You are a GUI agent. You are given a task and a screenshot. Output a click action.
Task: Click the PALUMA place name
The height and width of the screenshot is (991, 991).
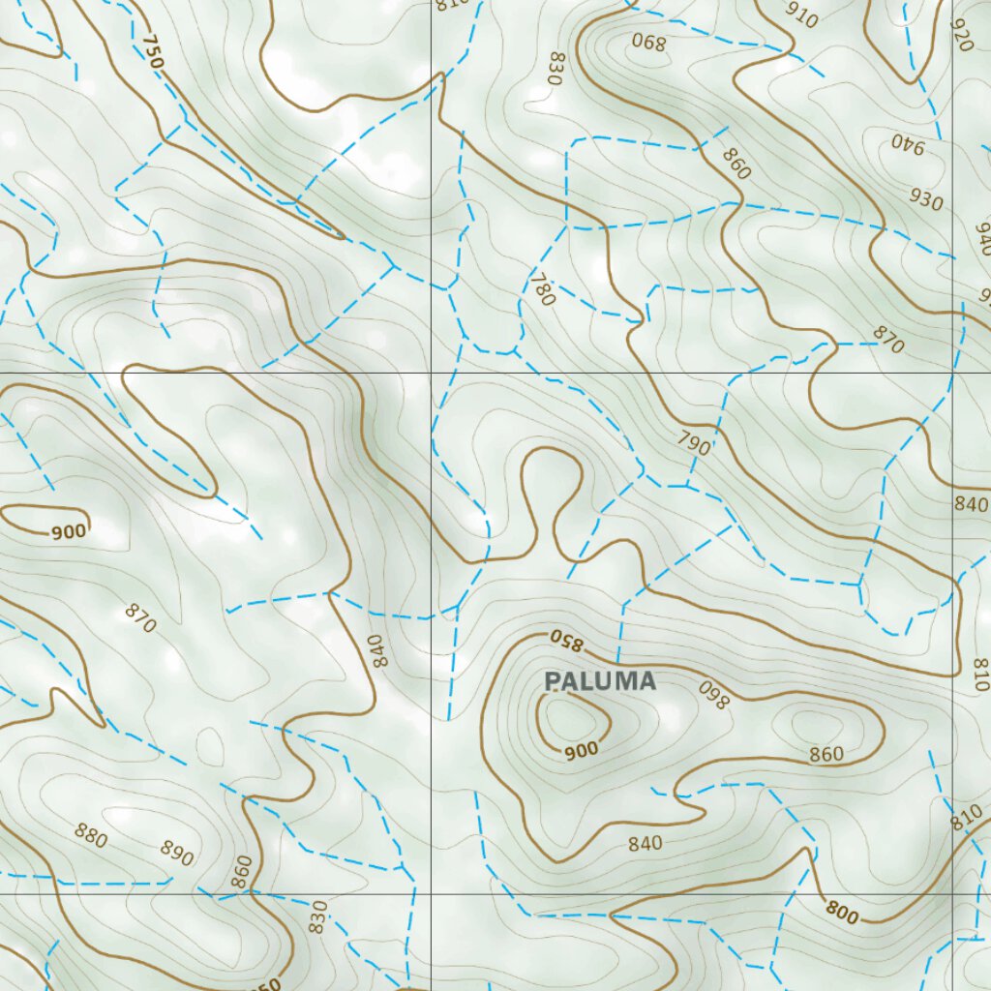(x=600, y=681)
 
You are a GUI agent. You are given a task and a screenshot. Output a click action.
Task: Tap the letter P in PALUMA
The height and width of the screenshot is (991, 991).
(x=554, y=681)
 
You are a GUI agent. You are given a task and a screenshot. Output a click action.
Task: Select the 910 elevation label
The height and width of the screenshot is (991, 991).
(x=801, y=16)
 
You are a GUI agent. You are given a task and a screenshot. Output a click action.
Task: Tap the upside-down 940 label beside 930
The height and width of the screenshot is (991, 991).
(x=909, y=145)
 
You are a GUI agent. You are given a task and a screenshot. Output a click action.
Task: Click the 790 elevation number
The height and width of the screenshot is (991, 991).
(x=694, y=444)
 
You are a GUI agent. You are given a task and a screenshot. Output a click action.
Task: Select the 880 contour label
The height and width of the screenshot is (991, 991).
(x=91, y=834)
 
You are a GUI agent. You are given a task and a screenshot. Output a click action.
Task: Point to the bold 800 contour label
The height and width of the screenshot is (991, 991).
(x=842, y=911)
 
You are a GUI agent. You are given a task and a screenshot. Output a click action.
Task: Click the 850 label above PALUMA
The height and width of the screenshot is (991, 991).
(x=568, y=640)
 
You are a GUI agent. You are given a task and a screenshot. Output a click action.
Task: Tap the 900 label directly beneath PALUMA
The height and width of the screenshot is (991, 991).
(x=582, y=749)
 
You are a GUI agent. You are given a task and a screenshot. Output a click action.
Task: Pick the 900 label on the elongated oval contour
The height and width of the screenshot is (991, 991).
(x=69, y=530)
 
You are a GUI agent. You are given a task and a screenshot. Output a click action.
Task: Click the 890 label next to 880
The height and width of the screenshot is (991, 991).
(x=177, y=853)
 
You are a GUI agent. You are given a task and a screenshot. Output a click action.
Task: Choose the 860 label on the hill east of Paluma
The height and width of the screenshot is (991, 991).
(x=826, y=754)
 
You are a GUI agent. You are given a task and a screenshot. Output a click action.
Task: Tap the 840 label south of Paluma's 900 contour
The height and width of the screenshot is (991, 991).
(x=645, y=844)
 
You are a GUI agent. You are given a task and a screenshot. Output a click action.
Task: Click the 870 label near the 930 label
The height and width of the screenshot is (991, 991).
(x=887, y=340)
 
